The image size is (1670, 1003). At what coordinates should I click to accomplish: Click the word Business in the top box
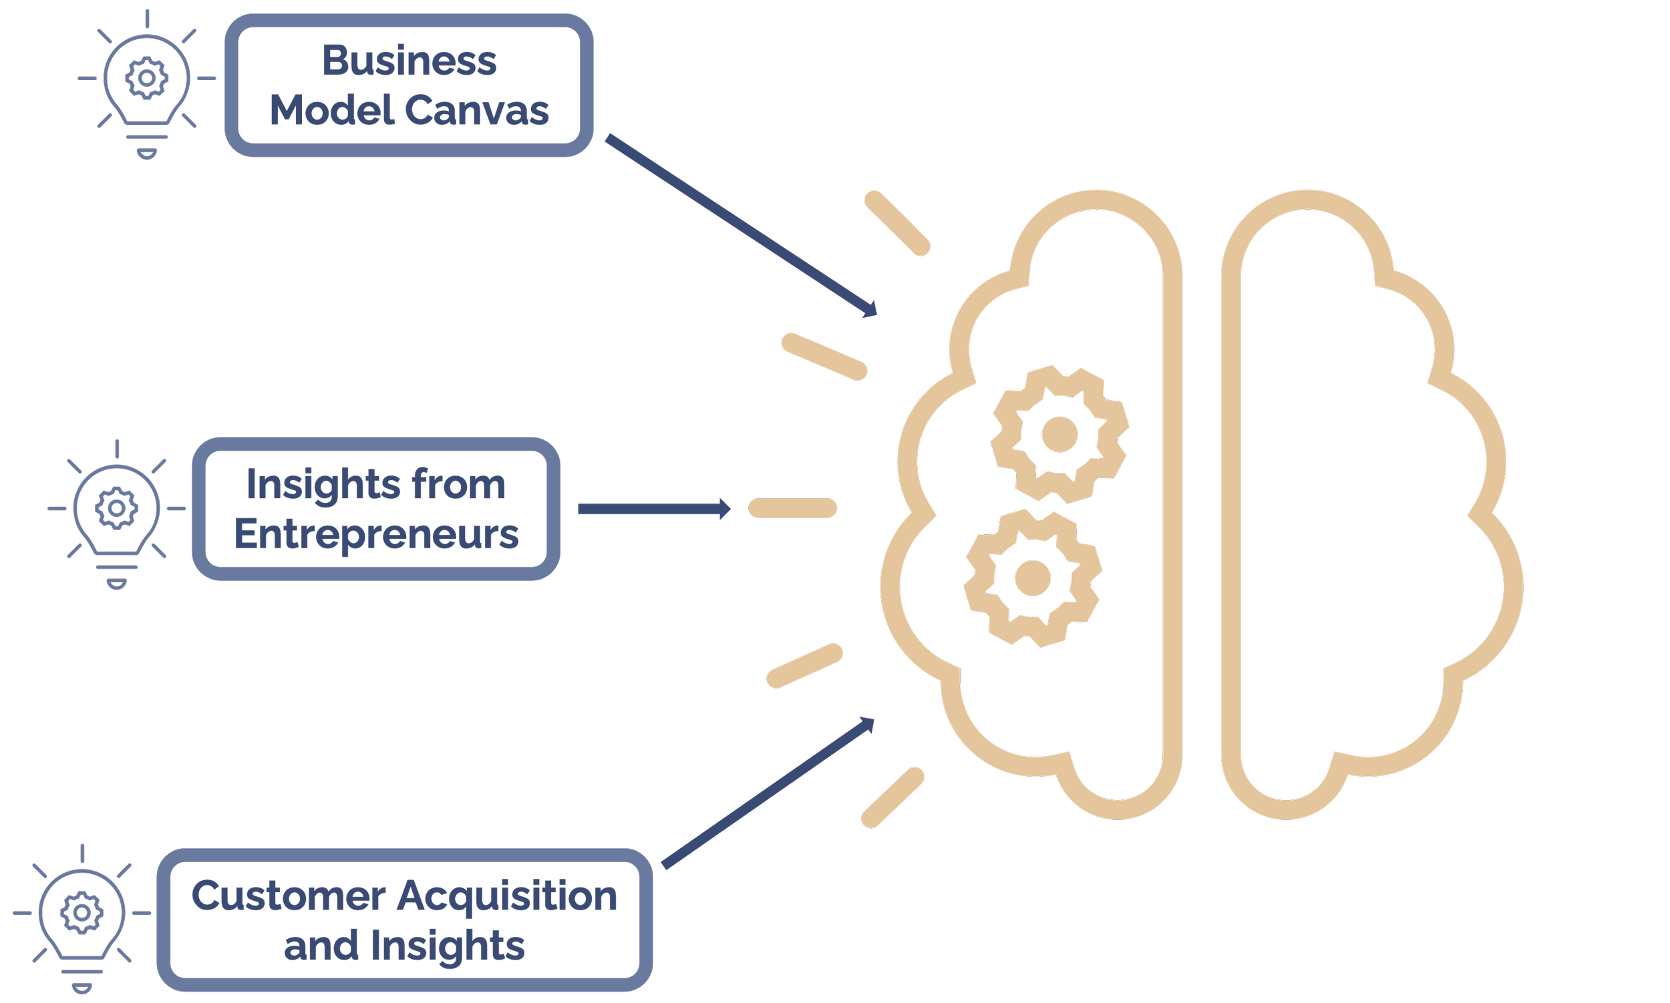[x=409, y=61]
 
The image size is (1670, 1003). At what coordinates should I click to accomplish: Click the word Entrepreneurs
[x=377, y=535]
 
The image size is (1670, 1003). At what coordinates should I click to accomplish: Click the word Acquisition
[x=506, y=897]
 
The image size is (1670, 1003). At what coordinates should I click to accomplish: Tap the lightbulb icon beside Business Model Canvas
[x=147, y=85]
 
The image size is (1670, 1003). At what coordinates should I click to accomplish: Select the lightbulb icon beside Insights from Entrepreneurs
[x=117, y=514]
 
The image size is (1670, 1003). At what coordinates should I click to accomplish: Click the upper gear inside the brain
[x=1059, y=434]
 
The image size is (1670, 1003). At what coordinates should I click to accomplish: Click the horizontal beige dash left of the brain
[x=792, y=508]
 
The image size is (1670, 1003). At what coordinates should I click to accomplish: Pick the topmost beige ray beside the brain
[x=897, y=224]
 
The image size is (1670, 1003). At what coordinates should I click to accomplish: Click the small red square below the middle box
[x=552, y=590]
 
